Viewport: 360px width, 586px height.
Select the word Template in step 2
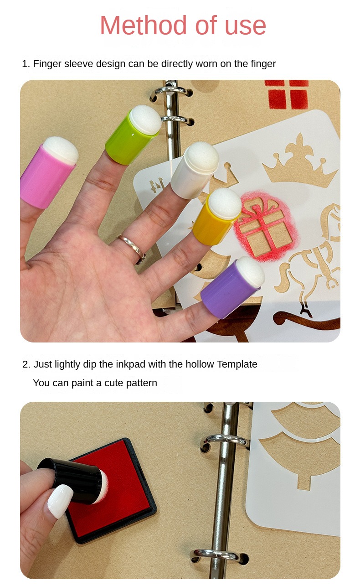237,364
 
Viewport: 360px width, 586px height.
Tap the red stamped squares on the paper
287,94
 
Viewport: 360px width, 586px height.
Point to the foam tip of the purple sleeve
251,272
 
